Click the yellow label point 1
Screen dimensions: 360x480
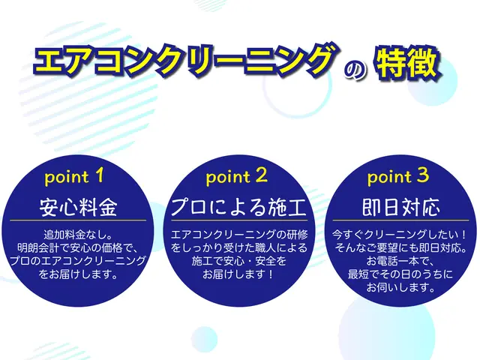coord(79,177)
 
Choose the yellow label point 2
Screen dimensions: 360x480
coord(239,177)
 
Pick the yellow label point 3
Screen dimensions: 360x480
coord(400,177)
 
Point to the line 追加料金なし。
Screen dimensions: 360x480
coord(79,234)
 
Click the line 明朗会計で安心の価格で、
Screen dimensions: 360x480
coord(79,247)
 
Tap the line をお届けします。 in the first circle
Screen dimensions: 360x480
coord(79,273)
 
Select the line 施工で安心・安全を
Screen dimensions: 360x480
coord(239,260)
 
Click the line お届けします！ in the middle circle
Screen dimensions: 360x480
coord(239,274)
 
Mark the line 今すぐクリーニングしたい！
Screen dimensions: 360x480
coord(400,234)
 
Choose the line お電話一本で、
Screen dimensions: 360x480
coord(400,260)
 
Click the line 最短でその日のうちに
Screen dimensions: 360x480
coord(400,274)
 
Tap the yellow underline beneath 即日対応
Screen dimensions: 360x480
coord(400,220)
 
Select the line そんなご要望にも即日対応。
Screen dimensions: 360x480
coord(400,247)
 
